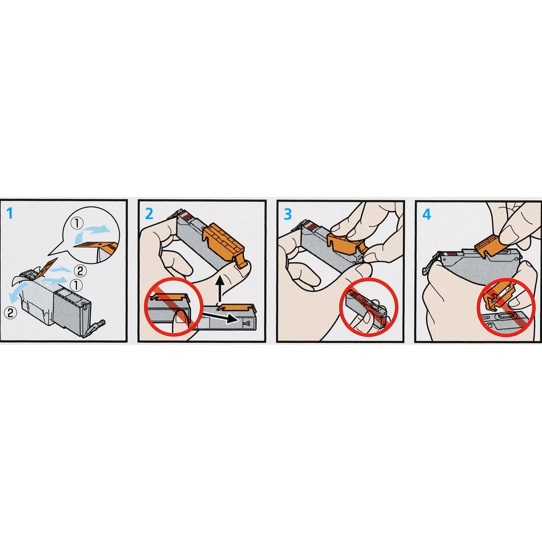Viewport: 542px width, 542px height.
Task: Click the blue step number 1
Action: click(10, 214)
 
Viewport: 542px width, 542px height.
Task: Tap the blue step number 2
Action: click(149, 214)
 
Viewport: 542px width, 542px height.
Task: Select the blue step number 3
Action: click(288, 214)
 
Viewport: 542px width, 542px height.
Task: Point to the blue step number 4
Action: click(426, 215)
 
